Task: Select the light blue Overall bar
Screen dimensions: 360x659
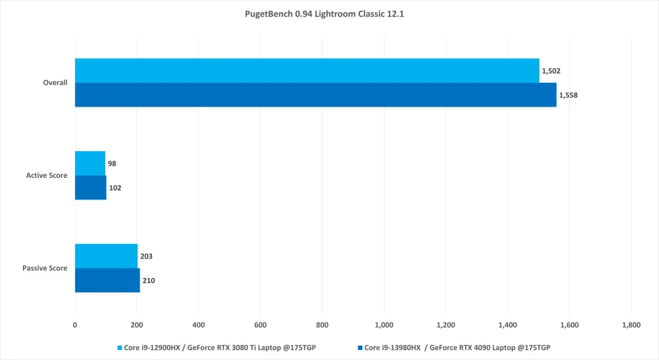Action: [x=307, y=71]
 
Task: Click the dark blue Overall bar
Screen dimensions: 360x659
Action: [x=315, y=95]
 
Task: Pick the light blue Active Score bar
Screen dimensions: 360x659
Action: [x=90, y=163]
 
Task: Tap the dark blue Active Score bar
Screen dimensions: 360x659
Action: [x=91, y=187]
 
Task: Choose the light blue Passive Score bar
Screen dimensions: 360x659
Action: [x=106, y=256]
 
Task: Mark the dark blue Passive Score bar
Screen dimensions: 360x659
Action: [x=107, y=280]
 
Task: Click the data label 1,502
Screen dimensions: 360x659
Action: [x=551, y=71]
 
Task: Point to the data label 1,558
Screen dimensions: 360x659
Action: [x=568, y=95]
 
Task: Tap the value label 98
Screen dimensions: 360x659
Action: [x=112, y=163]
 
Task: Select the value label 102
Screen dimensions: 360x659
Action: [x=116, y=188]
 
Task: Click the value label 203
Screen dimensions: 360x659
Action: [x=147, y=256]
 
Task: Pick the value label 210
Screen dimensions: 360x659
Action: [x=149, y=280]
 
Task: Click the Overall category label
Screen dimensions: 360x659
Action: [x=55, y=83]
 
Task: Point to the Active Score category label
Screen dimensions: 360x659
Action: [x=47, y=176]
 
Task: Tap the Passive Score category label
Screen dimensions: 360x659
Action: [x=46, y=268]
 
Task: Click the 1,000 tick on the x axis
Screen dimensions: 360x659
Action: [x=384, y=325]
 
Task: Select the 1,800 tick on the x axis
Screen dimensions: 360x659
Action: [x=631, y=325]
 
